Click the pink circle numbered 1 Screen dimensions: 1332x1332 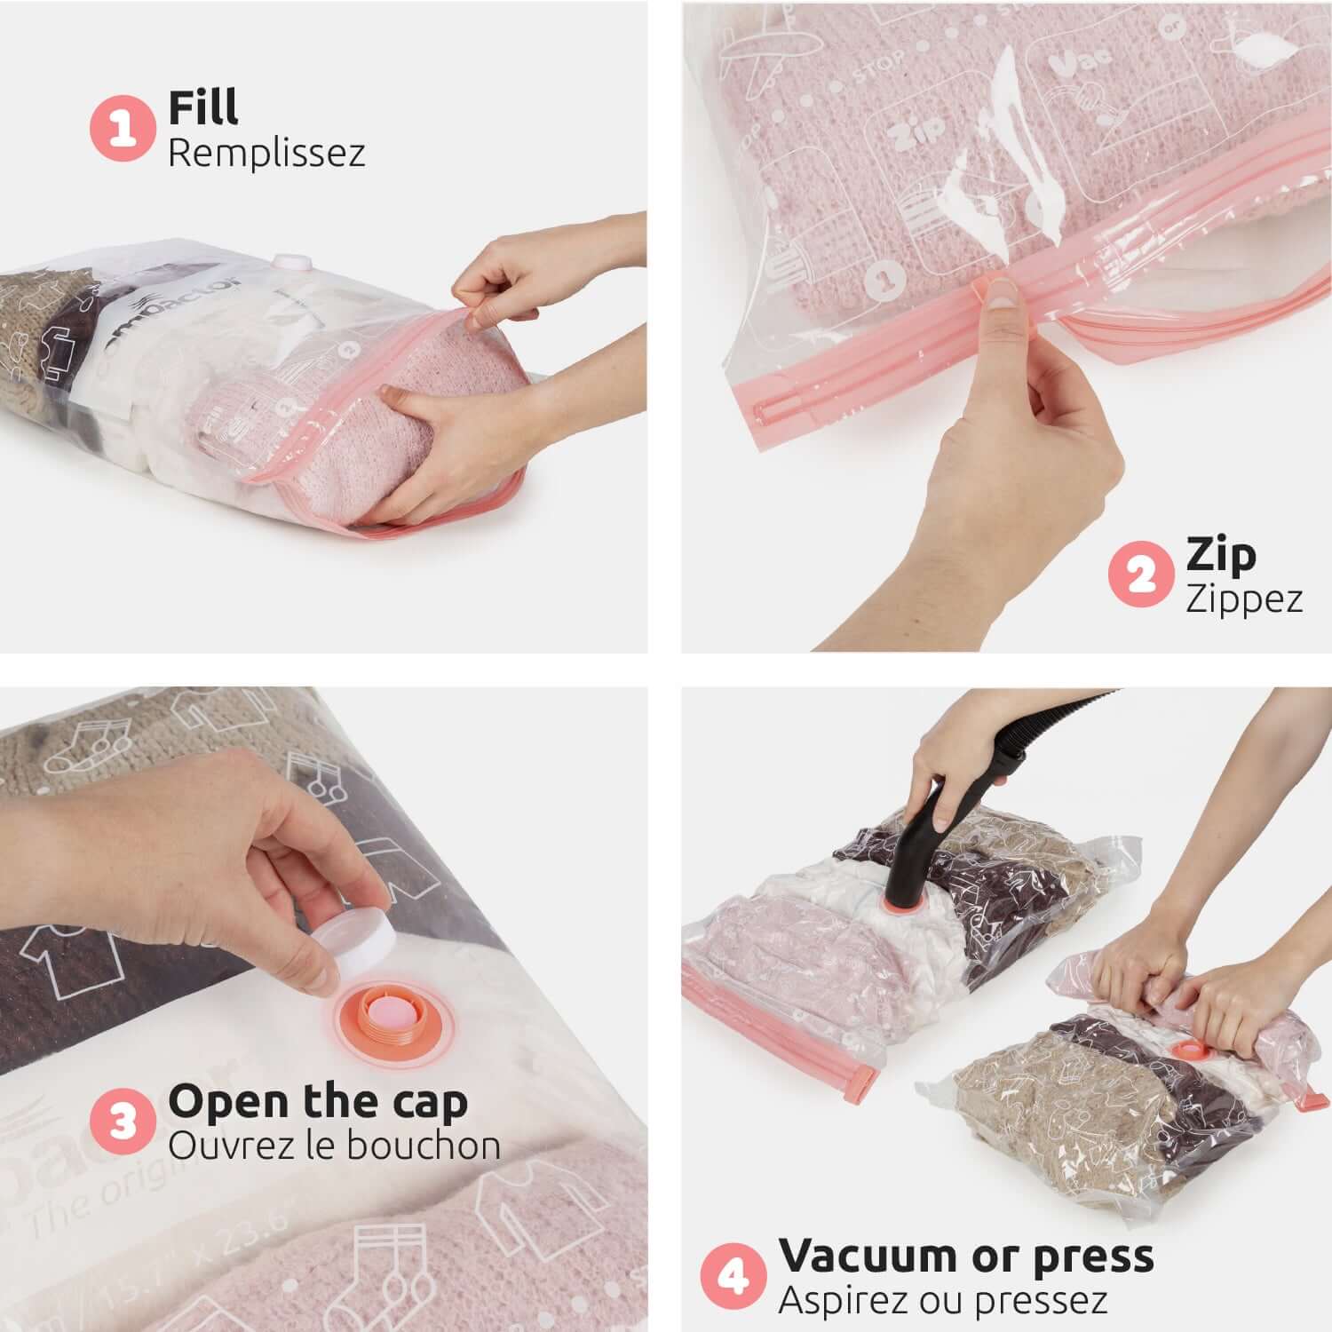pos(123,129)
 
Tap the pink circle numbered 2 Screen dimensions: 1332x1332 pos(1141,575)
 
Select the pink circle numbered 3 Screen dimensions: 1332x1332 pos(123,1122)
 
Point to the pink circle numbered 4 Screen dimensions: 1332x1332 pos(733,1276)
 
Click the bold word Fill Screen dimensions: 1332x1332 pos(203,107)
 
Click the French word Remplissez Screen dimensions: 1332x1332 pos(266,153)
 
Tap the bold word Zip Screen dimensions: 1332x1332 pos(1221,554)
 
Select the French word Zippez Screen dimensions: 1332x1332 pos(1244,598)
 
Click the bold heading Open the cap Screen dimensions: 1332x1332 pos(317,1101)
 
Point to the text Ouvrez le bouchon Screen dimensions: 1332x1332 pos(334,1146)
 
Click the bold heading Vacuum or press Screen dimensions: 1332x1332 pos(966,1256)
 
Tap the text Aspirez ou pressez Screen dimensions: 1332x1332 pos(942,1300)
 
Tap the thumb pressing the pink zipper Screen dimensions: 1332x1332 pos(1002,294)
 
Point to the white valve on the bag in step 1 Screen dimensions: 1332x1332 pos(289,263)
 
